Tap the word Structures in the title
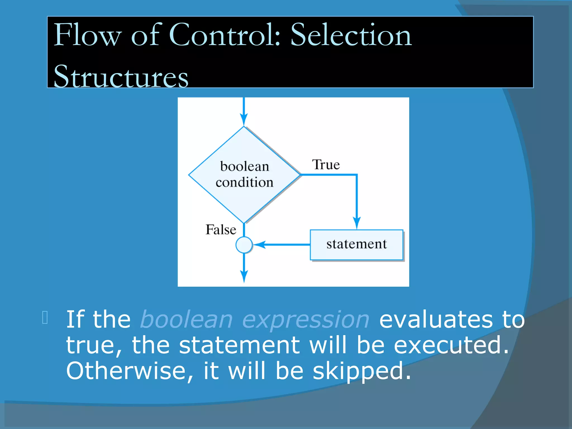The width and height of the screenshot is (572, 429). [x=121, y=76]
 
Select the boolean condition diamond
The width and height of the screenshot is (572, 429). [x=244, y=175]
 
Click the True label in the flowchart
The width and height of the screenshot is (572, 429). [x=326, y=165]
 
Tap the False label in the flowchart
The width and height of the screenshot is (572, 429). [x=221, y=230]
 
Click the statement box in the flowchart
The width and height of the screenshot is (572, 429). [x=356, y=245]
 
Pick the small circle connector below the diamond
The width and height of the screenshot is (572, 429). [x=244, y=245]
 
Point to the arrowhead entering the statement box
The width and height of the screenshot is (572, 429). [x=357, y=223]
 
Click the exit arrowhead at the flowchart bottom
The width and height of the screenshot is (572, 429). [x=244, y=277]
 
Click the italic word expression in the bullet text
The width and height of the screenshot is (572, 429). [x=306, y=320]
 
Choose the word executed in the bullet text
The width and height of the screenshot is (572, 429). [x=451, y=345]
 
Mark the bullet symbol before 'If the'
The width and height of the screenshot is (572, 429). [x=45, y=318]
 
